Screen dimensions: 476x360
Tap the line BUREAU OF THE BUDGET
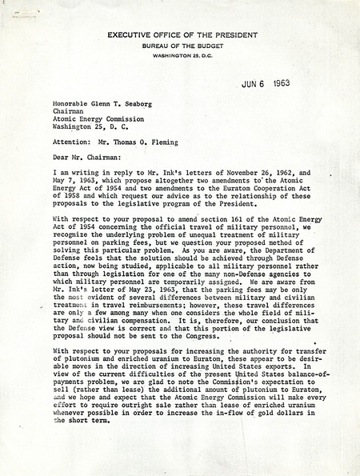tap(179, 46)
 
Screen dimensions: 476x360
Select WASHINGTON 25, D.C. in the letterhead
tap(179, 55)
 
